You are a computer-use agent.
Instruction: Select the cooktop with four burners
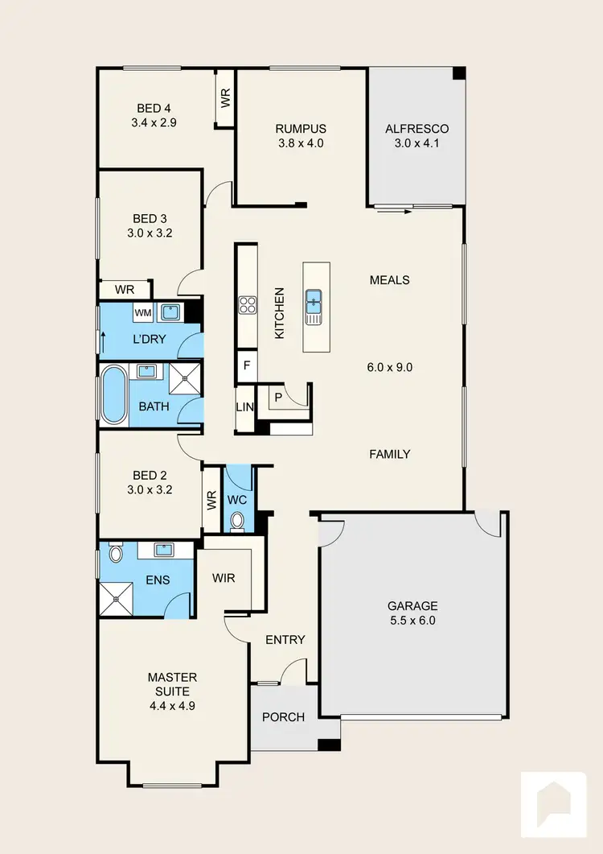(247, 305)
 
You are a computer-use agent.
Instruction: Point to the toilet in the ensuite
(114, 553)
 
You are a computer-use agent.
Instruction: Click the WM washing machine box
(142, 312)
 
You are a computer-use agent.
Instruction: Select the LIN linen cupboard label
(244, 407)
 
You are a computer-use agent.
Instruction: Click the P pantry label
(277, 396)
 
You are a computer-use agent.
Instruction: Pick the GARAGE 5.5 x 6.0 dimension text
(412, 621)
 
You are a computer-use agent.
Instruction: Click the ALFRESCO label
(416, 129)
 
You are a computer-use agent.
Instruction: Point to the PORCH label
(284, 716)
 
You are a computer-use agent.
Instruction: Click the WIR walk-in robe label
(223, 578)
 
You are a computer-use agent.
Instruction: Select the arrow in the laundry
(102, 340)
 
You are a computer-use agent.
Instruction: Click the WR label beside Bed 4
(226, 98)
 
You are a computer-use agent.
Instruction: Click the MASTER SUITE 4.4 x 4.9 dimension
(171, 705)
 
